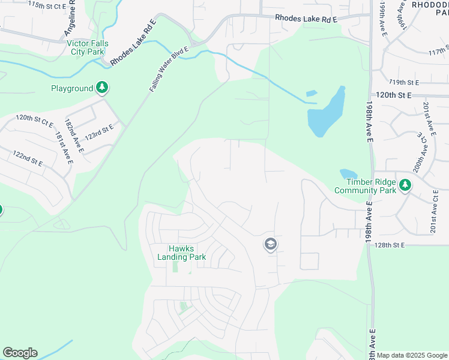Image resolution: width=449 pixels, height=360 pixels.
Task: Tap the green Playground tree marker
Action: click(103, 88)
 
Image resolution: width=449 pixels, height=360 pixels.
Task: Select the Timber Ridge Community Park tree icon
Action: click(406, 185)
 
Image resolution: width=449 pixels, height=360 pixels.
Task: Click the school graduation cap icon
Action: click(270, 244)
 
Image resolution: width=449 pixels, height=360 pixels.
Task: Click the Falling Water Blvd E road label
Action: click(168, 70)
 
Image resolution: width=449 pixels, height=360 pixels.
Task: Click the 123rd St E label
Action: click(98, 132)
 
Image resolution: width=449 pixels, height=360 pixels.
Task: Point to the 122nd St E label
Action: click(28, 158)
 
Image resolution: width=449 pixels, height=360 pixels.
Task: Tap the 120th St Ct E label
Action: click(34, 120)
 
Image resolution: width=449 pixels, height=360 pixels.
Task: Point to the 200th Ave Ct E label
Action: click(423, 153)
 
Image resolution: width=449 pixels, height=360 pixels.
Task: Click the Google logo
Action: click(20, 353)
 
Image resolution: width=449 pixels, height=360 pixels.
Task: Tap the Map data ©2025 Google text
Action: click(412, 355)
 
